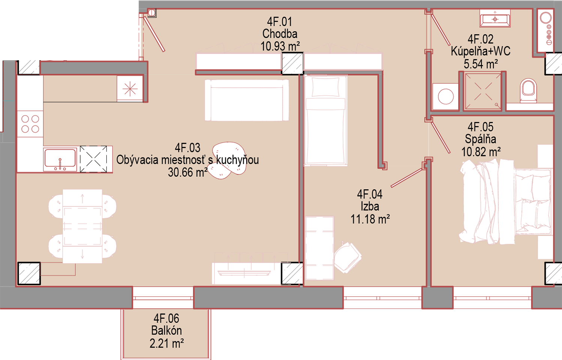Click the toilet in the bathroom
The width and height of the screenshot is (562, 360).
[x=528, y=90]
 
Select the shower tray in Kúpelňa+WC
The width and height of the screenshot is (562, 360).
[x=483, y=91]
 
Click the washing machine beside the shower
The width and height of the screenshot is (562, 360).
[x=445, y=96]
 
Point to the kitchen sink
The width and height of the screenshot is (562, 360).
[x=60, y=159]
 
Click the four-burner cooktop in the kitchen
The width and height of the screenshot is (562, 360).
[x=30, y=124]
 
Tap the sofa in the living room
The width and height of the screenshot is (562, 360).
[x=247, y=100]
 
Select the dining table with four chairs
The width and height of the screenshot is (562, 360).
[x=82, y=226]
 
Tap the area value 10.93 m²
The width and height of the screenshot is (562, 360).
[x=280, y=46]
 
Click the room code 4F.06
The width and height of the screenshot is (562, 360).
[x=167, y=318]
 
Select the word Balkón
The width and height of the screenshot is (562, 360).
[x=167, y=330]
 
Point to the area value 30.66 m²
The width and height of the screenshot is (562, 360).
[x=188, y=172]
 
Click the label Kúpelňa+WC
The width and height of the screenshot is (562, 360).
[x=480, y=51]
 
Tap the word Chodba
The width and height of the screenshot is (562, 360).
[x=280, y=34]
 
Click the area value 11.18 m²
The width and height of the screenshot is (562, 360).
[x=370, y=219]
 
